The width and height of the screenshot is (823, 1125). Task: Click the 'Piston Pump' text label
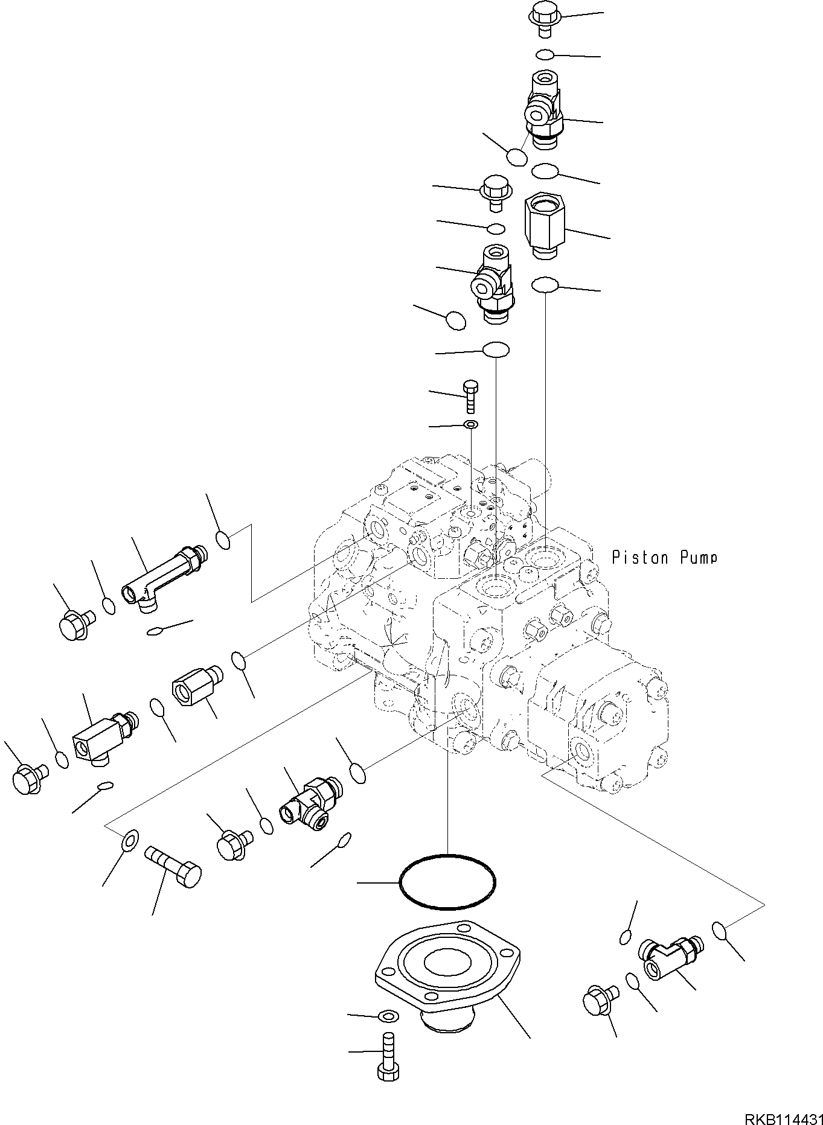[x=665, y=557]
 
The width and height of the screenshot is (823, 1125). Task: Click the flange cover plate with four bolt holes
[x=447, y=963]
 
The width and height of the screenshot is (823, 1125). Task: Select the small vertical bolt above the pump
[x=470, y=396]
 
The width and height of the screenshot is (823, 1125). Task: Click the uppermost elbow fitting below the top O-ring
[x=543, y=109]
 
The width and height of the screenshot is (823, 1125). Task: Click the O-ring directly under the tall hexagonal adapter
[x=545, y=284]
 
